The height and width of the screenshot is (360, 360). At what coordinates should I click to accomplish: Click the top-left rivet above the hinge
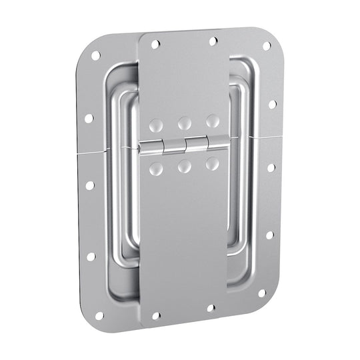[155, 125]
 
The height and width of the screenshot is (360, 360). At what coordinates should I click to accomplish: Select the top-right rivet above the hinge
[213, 121]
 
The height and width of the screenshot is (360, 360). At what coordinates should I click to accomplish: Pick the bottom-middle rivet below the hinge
[185, 166]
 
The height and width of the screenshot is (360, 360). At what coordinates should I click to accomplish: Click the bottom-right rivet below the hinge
[213, 163]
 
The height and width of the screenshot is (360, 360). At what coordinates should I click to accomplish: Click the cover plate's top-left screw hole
[155, 45]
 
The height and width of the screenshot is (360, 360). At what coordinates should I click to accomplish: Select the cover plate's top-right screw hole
[213, 41]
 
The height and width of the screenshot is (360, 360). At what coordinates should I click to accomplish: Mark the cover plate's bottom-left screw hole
[156, 315]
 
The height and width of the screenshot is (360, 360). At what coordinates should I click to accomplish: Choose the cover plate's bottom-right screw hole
[211, 308]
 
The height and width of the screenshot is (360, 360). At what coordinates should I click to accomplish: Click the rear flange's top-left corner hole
[95, 55]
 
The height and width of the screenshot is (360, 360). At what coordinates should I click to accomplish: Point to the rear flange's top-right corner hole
[266, 46]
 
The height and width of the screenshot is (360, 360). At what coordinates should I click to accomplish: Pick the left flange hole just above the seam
[89, 118]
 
